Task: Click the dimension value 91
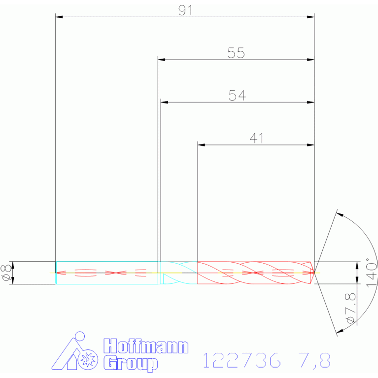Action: point(185,11)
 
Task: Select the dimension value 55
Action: point(236,53)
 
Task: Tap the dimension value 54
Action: point(237,96)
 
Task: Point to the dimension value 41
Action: point(257,138)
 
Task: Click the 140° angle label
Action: point(371,273)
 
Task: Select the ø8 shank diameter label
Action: point(6,273)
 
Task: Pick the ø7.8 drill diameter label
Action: point(350,308)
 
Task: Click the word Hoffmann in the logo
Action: point(146,346)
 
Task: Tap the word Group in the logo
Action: point(131,363)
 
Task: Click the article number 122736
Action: point(242,360)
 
